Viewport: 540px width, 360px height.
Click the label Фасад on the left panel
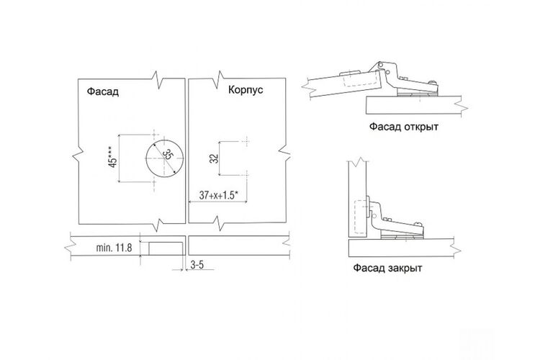point(103,91)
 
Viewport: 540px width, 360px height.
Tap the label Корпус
point(246,90)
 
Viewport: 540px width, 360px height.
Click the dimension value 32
point(215,158)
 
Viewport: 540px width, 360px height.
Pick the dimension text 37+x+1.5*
point(219,195)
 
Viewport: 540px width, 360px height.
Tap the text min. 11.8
point(114,248)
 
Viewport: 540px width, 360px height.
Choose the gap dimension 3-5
point(197,264)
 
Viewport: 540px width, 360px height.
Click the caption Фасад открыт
point(404,127)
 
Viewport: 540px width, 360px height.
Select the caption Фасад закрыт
point(387,268)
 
